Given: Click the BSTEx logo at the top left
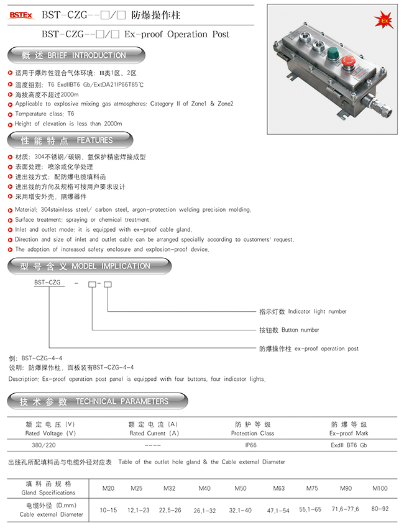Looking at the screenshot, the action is coord(21,15).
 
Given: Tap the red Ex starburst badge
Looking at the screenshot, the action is coord(383,20).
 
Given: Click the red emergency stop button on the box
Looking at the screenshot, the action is coord(349,62).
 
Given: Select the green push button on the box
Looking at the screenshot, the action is coord(333,53).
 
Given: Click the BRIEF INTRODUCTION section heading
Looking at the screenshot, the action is coord(76,55).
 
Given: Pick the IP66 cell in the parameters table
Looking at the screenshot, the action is coord(251,445).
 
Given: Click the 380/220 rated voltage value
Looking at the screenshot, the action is coord(44,445).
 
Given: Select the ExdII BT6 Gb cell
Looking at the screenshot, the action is coord(349,445).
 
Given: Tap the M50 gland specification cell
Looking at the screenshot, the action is coord(241,488).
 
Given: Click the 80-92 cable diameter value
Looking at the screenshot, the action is coord(380,509).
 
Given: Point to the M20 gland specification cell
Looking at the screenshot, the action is coord(109,488).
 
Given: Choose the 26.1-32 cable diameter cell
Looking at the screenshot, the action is coord(205,511).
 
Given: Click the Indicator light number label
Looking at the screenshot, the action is coord(317,311).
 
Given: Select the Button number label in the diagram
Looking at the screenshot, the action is coord(300,330).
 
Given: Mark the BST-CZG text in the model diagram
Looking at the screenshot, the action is coord(47,283).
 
